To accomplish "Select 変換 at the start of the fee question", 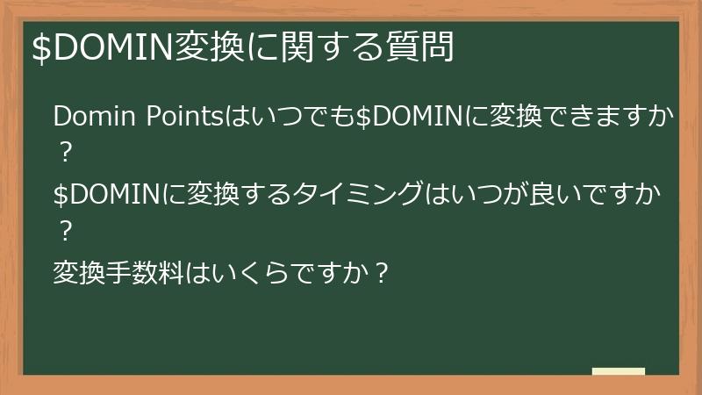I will (x=75, y=272).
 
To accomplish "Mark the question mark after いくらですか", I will (x=380, y=272).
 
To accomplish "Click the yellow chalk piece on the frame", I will (x=618, y=371).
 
